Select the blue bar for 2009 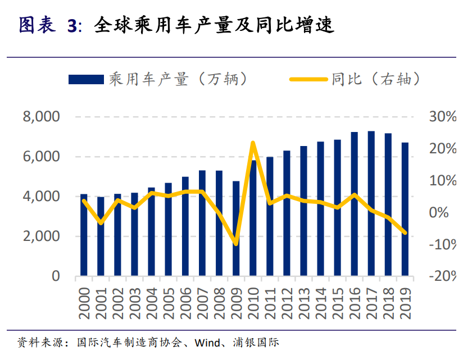pos(236,230)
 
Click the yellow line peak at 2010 pos(253,143)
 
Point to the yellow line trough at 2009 pos(236,244)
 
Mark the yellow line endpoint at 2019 pos(405,233)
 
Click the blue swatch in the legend pos(86,80)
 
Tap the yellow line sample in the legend pos(308,80)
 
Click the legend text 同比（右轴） pos(376,80)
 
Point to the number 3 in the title pos(71,26)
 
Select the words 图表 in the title pos(37,25)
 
